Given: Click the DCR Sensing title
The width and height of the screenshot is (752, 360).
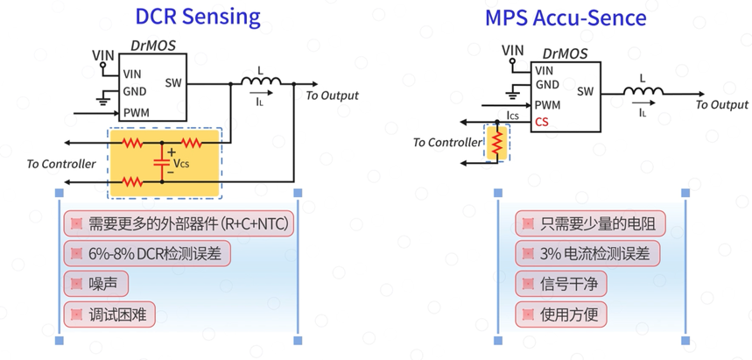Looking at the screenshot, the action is pyautogui.click(x=198, y=17).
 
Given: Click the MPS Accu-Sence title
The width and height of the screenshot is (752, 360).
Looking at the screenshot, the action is pyautogui.click(x=566, y=18).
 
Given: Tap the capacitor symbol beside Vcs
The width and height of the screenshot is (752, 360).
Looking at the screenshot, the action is pyautogui.click(x=161, y=162).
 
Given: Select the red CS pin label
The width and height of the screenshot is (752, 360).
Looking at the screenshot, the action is pyautogui.click(x=542, y=122).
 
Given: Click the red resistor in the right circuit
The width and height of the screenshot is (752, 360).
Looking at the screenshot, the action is pyautogui.click(x=497, y=143).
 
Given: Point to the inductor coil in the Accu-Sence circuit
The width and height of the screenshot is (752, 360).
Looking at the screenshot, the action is pyautogui.click(x=643, y=90).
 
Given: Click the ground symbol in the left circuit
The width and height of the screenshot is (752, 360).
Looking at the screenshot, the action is pyautogui.click(x=102, y=98).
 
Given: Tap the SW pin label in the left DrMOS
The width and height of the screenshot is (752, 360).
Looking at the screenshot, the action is pyautogui.click(x=173, y=82).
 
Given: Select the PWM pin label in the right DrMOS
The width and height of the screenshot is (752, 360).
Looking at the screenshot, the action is pyautogui.click(x=547, y=104).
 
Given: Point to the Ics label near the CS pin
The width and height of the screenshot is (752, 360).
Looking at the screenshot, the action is pyautogui.click(x=512, y=116).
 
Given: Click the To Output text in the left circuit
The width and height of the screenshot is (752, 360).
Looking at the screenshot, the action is pyautogui.click(x=332, y=95).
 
